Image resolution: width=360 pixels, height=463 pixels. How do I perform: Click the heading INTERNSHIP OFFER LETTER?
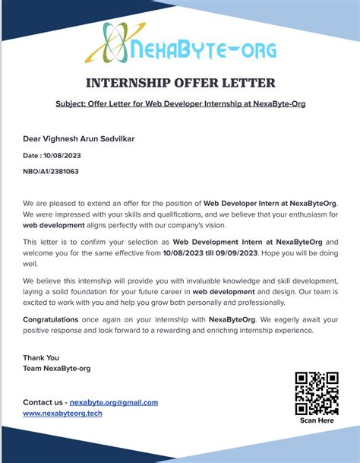click(x=180, y=83)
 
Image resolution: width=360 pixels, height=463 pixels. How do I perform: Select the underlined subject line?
click(x=180, y=103)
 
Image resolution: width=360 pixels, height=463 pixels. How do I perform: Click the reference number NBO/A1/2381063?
click(x=51, y=171)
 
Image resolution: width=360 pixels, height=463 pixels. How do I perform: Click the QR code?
click(x=316, y=393)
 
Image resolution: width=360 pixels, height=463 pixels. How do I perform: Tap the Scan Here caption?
click(x=317, y=420)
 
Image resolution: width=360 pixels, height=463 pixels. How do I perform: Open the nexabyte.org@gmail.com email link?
click(x=114, y=402)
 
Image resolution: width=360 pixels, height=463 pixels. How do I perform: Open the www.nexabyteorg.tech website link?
click(x=62, y=413)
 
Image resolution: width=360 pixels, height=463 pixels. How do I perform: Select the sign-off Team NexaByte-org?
click(x=57, y=368)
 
